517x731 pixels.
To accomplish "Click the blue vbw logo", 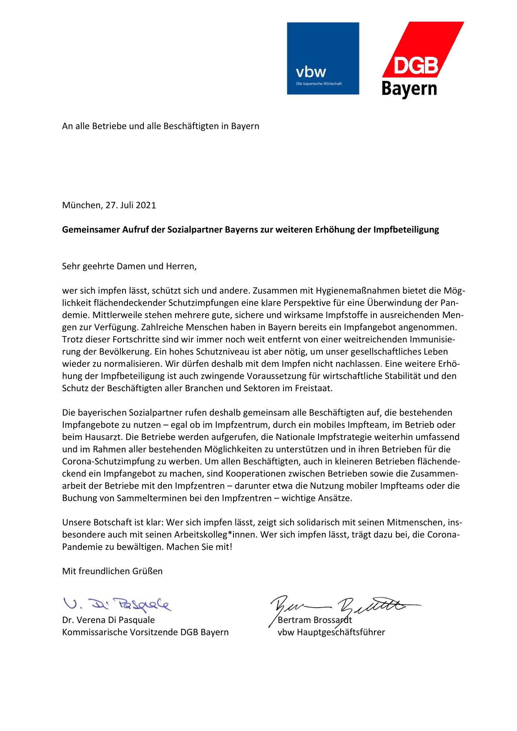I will coord(323,58).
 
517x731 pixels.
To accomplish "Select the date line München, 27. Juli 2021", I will coord(109,205).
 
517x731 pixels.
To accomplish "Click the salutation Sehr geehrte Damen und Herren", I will coord(129,266).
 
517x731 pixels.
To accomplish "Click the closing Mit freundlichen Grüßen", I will coord(112,571).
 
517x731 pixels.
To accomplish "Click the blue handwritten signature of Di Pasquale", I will coord(117,603).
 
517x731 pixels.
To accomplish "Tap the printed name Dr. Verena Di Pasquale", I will coord(108,620).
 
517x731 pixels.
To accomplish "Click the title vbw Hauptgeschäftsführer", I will coord(331,632).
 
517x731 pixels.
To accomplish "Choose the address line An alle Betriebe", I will coord(161,126).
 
